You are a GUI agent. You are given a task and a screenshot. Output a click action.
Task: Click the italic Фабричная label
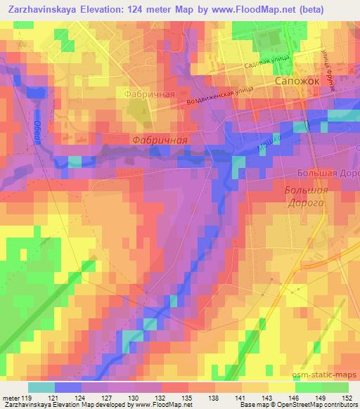click(160, 140)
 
